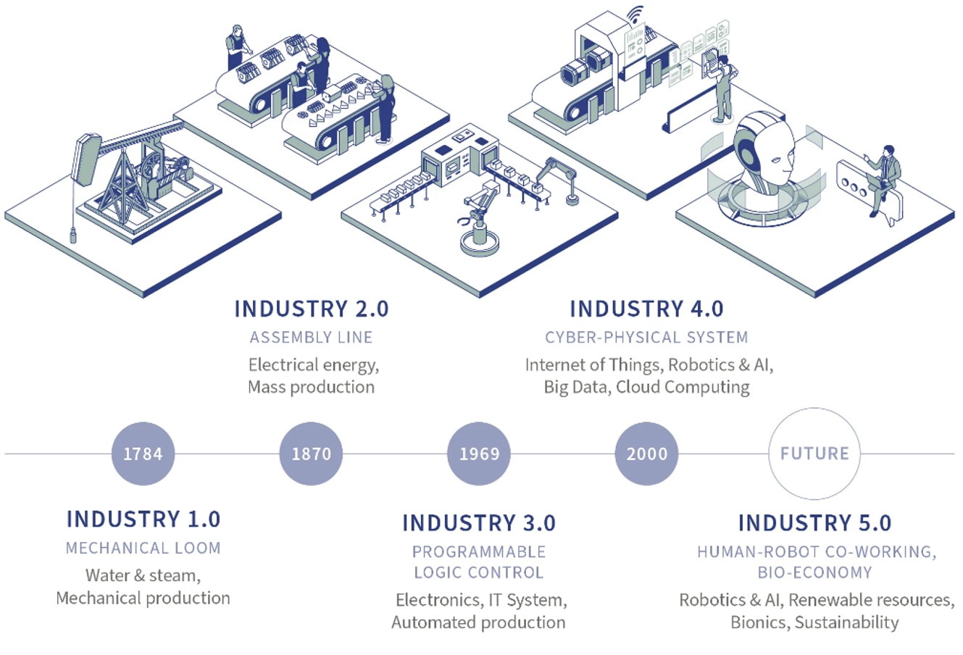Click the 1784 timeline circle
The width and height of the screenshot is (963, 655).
tap(143, 454)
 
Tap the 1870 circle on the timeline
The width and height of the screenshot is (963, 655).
tap(311, 454)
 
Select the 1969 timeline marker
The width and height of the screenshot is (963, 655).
tap(479, 454)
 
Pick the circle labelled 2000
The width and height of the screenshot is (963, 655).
tap(646, 454)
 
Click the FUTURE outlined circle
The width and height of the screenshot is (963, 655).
tap(814, 454)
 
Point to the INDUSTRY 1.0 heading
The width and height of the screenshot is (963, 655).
tap(143, 520)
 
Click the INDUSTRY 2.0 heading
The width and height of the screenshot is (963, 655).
tap(311, 309)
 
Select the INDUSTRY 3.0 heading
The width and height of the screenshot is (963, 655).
tap(478, 523)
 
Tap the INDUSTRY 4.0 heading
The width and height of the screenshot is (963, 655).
tap(646, 309)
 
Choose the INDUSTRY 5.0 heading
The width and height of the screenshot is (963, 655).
tap(814, 523)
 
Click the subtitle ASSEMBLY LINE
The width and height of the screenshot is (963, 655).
tap(311, 338)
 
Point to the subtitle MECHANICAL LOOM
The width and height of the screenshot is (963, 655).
tap(143, 548)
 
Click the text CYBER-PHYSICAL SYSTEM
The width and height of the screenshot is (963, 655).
tap(646, 338)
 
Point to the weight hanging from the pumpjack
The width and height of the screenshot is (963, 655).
tap(72, 233)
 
